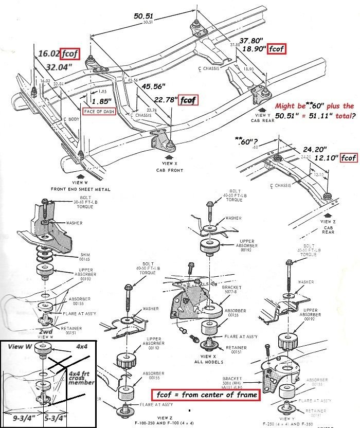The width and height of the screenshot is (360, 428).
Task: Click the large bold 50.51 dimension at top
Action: [x=145, y=15]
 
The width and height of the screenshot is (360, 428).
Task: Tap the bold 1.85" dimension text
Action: [x=102, y=101]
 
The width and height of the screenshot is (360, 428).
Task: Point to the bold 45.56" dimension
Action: [x=156, y=86]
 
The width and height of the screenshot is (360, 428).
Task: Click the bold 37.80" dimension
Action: [x=253, y=41]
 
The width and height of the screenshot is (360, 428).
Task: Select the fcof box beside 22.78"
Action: [x=189, y=100]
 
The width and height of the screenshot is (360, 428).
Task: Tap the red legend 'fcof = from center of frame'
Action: [x=205, y=395]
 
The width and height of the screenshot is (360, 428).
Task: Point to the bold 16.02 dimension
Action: [x=48, y=53]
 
